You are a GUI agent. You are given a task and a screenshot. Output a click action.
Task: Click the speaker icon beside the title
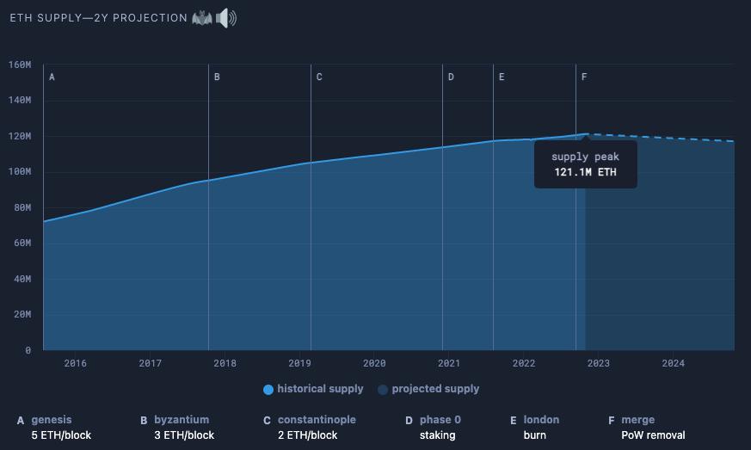(226, 18)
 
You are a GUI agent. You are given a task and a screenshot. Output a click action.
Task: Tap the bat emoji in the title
(202, 18)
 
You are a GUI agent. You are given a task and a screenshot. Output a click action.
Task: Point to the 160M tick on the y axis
(20, 65)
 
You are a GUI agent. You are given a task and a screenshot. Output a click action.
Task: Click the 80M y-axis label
(20, 207)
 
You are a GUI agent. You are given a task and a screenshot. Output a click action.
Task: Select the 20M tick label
(20, 315)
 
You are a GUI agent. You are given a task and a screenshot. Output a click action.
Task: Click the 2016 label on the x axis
(76, 363)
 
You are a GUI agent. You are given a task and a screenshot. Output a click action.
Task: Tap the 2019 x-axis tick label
(299, 363)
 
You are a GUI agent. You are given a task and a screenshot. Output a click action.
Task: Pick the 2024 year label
(673, 363)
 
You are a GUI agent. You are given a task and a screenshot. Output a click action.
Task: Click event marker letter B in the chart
(217, 77)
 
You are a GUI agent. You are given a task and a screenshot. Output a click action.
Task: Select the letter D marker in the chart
(451, 77)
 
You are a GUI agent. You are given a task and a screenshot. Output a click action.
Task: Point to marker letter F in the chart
(584, 77)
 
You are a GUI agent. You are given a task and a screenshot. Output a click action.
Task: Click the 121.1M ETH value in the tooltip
(585, 172)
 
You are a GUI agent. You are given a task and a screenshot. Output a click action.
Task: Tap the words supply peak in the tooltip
(585, 157)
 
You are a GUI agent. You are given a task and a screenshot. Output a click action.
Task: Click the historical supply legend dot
(268, 390)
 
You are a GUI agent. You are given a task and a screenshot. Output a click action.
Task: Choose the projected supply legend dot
(383, 390)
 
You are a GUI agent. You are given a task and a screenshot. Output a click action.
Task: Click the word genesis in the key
(52, 420)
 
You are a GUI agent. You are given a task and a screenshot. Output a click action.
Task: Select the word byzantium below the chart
(182, 420)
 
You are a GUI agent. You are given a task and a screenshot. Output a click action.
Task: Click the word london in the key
(541, 420)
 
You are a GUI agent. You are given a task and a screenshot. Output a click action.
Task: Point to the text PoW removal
(653, 435)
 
